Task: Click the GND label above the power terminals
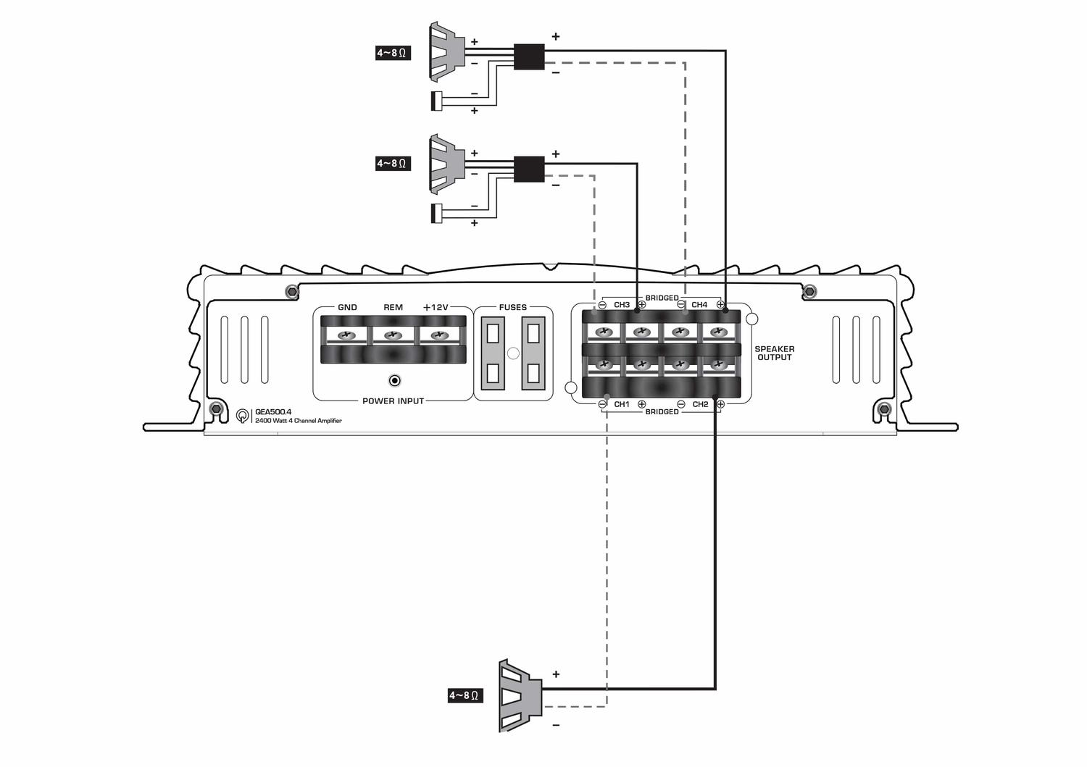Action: point(347,307)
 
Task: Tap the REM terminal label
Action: point(393,307)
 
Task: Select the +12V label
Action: point(436,307)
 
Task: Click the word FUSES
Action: point(512,307)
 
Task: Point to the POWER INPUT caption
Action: point(393,401)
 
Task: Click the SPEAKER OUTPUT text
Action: point(775,353)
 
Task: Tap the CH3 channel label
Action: point(622,305)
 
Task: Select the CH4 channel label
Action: point(699,305)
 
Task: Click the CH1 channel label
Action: point(622,404)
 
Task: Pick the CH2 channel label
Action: point(700,404)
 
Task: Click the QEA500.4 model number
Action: point(273,412)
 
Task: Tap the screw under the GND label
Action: point(346,335)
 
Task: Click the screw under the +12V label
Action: point(440,335)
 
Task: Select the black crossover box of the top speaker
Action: point(529,56)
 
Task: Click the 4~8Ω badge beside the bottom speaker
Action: point(465,695)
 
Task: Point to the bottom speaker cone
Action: point(520,695)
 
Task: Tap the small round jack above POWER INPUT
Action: point(395,381)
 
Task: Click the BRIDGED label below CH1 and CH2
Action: point(662,412)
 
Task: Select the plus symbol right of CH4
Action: point(720,305)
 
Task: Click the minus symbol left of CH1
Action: point(603,404)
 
